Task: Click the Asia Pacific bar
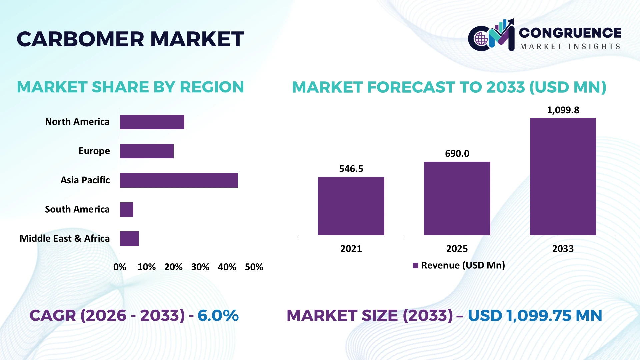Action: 179,180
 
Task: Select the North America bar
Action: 152,122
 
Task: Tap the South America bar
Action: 127,210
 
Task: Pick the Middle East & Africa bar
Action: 129,239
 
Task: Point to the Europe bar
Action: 147,151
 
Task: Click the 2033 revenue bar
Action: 563,176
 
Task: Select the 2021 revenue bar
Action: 351,206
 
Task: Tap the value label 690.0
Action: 457,154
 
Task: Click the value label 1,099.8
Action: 563,110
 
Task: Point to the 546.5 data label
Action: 351,169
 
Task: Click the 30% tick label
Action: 200,267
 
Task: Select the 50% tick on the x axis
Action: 254,267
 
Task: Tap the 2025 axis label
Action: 457,249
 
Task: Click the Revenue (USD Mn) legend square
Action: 415,266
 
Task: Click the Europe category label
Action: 94,151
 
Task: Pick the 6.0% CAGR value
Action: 218,316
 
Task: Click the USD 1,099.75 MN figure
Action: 535,316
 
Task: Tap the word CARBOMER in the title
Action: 80,39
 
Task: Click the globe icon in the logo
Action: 481,39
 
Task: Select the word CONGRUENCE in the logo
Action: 570,33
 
